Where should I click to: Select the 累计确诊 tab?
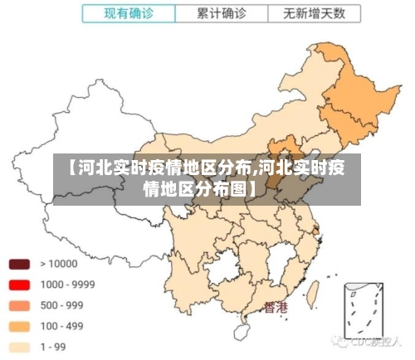pyautogui.click(x=221, y=14)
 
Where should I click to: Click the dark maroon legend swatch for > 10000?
pyautogui.click(x=19, y=265)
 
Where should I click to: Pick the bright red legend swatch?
pyautogui.click(x=19, y=285)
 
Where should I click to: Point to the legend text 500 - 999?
pyautogui.click(x=62, y=305)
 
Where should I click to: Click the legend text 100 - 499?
pyautogui.click(x=62, y=326)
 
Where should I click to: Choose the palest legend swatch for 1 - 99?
pyautogui.click(x=19, y=347)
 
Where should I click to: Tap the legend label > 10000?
pyautogui.click(x=58, y=264)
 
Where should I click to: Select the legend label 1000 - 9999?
pyautogui.click(x=66, y=285)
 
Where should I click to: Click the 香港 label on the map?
pyautogui.click(x=276, y=308)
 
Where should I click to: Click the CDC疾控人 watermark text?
pyautogui.click(x=370, y=341)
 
